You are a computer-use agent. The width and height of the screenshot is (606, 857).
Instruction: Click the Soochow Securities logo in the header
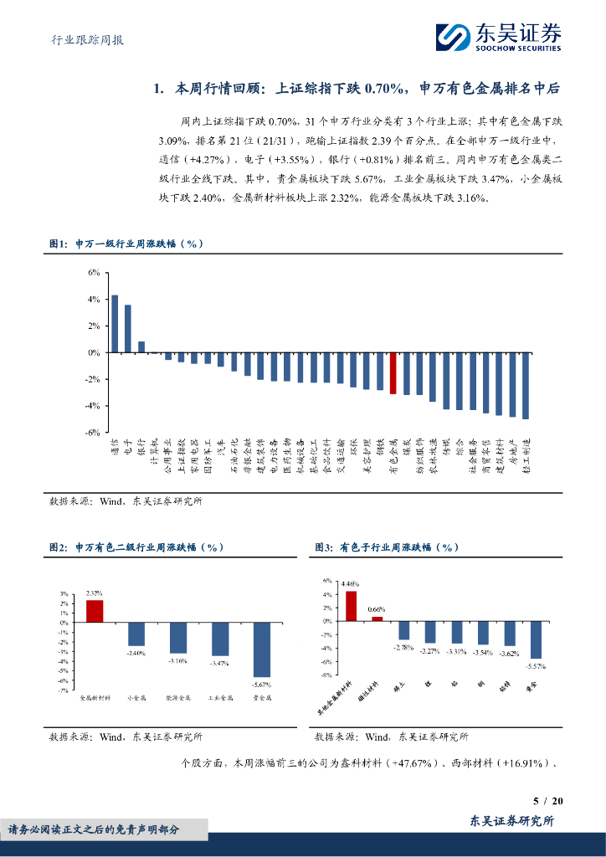pos(498,36)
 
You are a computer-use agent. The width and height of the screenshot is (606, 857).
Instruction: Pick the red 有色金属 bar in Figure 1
pos(393,373)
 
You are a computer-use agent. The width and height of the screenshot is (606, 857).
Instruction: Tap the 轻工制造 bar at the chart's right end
pos(525,386)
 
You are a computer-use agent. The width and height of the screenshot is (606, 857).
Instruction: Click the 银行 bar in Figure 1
pos(141,347)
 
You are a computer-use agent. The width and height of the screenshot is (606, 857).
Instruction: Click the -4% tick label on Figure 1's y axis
pos(93,406)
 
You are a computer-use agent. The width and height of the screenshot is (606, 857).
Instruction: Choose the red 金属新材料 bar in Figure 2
pos(95,612)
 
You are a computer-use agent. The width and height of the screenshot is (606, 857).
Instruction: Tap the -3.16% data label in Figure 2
pos(178,660)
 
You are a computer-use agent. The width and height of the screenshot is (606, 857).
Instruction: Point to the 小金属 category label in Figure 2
pos(136,696)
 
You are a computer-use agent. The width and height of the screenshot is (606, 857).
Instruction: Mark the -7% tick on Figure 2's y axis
pos(63,690)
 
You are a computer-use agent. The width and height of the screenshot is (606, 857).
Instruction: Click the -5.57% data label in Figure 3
pos(536,666)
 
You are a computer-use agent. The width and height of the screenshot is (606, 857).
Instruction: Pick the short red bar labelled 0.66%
pos(377,618)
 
